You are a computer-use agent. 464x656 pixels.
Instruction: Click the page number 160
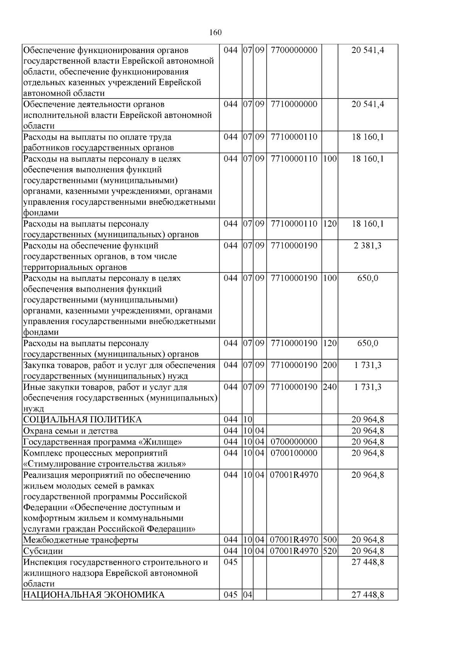click(x=215, y=32)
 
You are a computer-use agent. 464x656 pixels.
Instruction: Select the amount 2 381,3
click(x=367, y=245)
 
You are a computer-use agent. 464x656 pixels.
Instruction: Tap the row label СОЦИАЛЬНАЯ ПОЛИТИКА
click(x=82, y=420)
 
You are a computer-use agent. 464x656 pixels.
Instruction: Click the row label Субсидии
click(x=43, y=551)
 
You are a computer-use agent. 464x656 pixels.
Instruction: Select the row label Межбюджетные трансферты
click(x=81, y=540)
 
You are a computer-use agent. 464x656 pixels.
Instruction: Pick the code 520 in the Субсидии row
click(x=329, y=551)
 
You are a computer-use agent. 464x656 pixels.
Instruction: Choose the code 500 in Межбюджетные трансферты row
click(x=329, y=540)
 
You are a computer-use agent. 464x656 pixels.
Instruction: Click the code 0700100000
click(x=294, y=453)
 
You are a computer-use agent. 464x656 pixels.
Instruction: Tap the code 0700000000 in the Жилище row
click(x=294, y=442)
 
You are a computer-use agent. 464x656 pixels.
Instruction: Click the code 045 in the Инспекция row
click(x=230, y=562)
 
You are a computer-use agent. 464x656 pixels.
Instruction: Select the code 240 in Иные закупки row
click(x=329, y=387)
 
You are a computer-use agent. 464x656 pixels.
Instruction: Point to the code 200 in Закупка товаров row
click(x=329, y=365)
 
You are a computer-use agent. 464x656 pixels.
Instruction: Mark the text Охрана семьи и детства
click(x=71, y=431)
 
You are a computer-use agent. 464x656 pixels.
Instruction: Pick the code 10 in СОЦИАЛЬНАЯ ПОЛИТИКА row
click(x=247, y=420)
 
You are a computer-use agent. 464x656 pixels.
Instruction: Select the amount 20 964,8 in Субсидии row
click(x=367, y=551)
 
